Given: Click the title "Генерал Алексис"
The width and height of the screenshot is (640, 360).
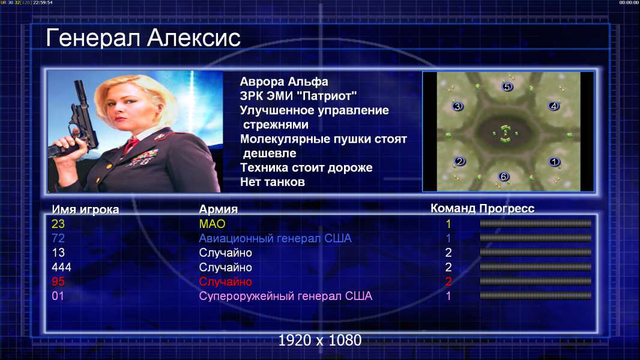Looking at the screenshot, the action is pos(143,38).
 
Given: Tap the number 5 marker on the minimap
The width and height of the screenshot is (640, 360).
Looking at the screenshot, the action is pos(507,86).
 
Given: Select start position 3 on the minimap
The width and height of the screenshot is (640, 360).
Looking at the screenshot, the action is pos(457,106).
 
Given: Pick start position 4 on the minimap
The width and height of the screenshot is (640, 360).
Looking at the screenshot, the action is pos(554,106).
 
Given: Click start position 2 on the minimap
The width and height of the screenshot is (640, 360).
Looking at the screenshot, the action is pos(460,161).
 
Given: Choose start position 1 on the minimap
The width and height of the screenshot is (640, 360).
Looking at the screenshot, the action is pos(554,162).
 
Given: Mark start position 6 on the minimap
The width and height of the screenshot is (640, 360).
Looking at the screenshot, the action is pos(503,176).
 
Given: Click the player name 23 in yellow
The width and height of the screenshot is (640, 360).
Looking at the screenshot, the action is pos(58,224).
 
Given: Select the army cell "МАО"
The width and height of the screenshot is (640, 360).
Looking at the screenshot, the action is pos(213,224).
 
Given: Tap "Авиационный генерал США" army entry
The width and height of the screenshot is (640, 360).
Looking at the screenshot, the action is pos(275,239).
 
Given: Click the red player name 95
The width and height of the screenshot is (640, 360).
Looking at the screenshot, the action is pos(58,282).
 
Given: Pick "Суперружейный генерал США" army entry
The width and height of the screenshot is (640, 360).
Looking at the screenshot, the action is pos(286,296).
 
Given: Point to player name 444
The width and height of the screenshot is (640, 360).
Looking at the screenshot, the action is pos(61,268).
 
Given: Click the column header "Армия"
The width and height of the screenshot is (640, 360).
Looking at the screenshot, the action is pos(218,209).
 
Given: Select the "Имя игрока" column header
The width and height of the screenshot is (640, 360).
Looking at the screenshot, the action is pos(85,209).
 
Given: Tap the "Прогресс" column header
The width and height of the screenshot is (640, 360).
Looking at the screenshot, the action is pos(507,209).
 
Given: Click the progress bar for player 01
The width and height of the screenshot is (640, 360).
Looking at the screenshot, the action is pos(536,296).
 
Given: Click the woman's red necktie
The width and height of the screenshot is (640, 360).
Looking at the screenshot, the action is pos(131,145).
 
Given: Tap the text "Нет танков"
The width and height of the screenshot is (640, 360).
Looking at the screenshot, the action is pos(273,182).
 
